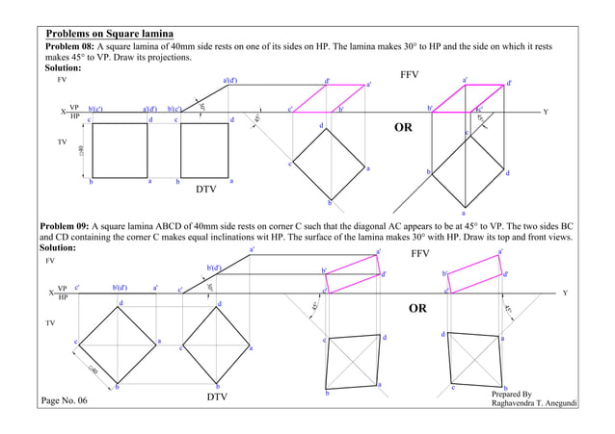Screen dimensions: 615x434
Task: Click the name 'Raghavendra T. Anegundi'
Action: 534,404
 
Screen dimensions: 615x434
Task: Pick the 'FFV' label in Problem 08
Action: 411,74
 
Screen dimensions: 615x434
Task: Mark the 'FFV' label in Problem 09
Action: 420,254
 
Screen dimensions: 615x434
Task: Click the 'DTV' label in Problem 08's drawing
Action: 205,190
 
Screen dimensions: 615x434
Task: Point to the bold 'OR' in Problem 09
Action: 416,310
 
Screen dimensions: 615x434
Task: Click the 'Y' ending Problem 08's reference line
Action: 546,113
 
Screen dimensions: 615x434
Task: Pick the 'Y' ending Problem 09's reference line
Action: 565,292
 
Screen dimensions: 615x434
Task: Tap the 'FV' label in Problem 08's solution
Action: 63,81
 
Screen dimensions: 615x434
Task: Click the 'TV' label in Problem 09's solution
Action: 51,323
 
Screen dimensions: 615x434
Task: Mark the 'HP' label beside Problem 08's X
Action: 74,116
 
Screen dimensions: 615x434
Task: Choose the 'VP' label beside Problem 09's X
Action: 63,288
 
